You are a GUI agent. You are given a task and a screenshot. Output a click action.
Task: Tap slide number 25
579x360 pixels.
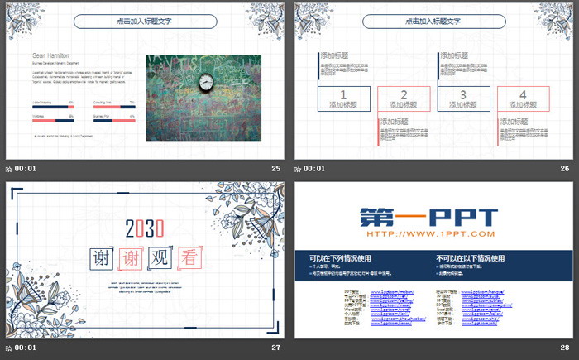click(x=276, y=168)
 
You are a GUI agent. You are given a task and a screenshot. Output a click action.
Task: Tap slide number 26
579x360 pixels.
click(x=565, y=168)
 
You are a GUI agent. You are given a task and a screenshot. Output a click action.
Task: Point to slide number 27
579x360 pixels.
click(x=276, y=348)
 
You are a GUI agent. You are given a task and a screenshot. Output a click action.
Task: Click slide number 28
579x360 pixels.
click(x=565, y=348)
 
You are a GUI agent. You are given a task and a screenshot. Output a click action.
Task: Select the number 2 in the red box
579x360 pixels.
click(x=404, y=94)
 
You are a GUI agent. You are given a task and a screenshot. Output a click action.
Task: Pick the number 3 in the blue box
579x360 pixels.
click(x=463, y=94)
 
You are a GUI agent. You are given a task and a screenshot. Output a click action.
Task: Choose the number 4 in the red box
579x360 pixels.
click(x=523, y=94)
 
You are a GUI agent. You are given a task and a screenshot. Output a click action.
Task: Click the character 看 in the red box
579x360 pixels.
click(x=190, y=257)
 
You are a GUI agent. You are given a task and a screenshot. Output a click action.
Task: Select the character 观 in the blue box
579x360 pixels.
click(x=161, y=257)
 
